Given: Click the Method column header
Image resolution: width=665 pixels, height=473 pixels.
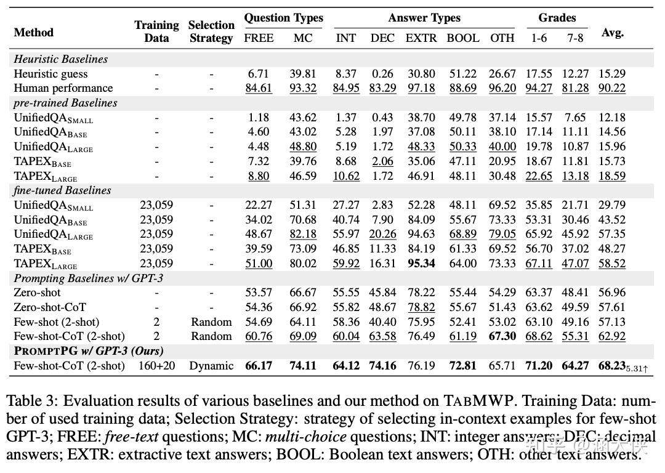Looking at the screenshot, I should click(x=33, y=32).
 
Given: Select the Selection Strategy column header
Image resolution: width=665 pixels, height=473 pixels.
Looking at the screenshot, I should click(x=211, y=31).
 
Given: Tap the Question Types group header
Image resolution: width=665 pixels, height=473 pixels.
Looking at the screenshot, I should click(x=283, y=18).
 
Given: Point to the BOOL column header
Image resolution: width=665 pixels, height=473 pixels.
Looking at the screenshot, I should click(x=462, y=38).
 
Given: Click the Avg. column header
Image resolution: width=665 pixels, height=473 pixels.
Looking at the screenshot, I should click(x=613, y=32).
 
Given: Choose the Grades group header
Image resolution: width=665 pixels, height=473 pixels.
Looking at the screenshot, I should click(x=557, y=18).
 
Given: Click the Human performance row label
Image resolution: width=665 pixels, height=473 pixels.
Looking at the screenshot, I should click(x=63, y=88).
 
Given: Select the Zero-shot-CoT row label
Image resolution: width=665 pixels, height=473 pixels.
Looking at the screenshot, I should click(x=50, y=307).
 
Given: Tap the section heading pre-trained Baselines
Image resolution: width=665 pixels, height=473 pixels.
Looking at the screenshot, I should click(x=65, y=103).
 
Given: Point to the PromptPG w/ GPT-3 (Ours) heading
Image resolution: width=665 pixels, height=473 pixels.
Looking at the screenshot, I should click(x=89, y=351).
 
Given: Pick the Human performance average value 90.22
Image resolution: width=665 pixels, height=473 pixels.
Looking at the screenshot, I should click(x=611, y=88).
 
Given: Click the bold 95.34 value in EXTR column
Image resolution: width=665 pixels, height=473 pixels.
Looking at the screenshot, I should click(x=421, y=264).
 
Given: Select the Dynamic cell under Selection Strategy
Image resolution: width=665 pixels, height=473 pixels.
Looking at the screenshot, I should click(x=211, y=366).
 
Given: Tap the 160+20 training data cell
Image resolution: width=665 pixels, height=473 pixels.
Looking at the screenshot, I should click(x=156, y=366).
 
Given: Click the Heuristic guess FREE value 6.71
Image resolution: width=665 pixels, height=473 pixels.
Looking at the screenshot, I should click(x=259, y=74).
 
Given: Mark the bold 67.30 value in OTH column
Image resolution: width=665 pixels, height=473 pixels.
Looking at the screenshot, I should click(x=502, y=336).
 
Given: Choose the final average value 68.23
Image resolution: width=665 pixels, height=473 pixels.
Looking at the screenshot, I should click(x=611, y=366).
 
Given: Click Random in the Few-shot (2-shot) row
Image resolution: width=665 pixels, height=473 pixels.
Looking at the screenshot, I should click(x=211, y=322).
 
